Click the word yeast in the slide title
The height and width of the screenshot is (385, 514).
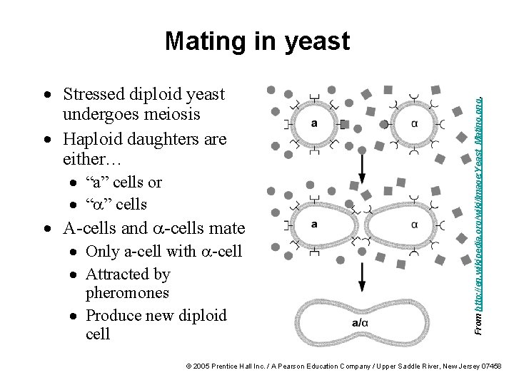(315, 41)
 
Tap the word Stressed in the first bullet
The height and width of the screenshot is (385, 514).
(93, 94)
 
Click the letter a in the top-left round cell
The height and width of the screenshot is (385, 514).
(315, 123)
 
